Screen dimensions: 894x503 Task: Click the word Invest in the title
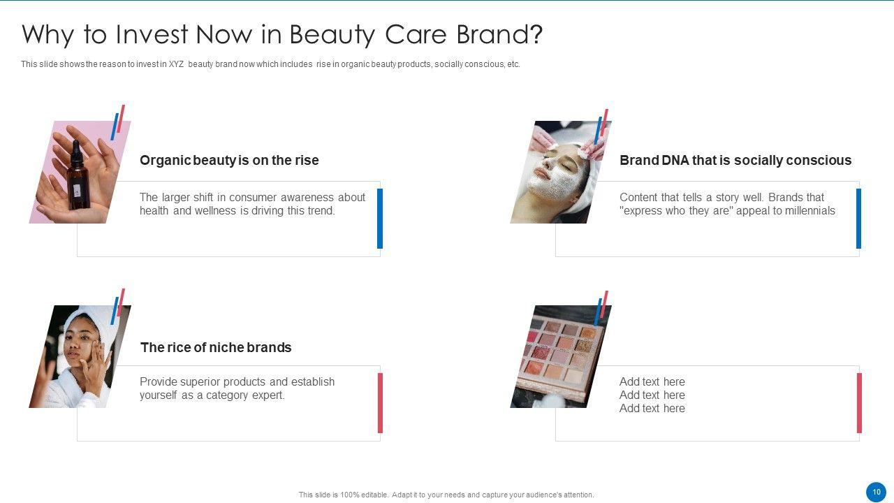point(152,34)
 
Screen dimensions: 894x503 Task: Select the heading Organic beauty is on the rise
point(229,160)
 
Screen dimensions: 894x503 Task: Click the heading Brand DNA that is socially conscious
point(735,160)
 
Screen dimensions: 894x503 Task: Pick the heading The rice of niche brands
point(216,347)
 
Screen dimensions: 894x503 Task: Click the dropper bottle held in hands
point(78,175)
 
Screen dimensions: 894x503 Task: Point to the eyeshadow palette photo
point(560,356)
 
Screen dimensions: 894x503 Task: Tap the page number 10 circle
point(876,492)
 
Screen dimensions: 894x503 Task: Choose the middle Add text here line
point(652,395)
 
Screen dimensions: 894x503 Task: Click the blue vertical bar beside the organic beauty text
point(380,219)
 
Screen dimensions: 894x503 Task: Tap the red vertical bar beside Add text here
point(859,403)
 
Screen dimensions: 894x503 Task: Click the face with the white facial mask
point(557,173)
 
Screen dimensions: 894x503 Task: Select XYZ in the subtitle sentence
point(176,64)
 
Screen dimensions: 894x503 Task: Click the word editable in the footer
point(374,495)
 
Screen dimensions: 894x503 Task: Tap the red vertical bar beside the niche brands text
point(381,403)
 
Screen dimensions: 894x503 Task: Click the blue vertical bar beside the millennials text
point(858,219)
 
